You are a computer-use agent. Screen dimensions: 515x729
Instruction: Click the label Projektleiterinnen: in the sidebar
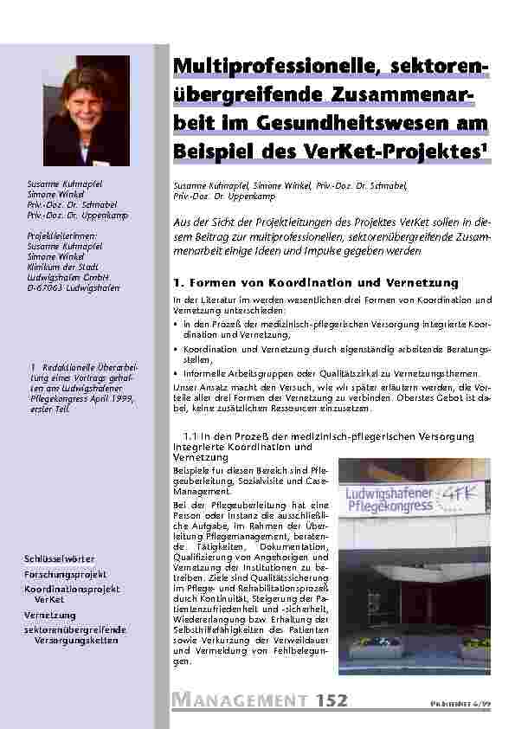point(63,235)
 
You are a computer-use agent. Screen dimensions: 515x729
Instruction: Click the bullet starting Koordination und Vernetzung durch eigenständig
point(333,349)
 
